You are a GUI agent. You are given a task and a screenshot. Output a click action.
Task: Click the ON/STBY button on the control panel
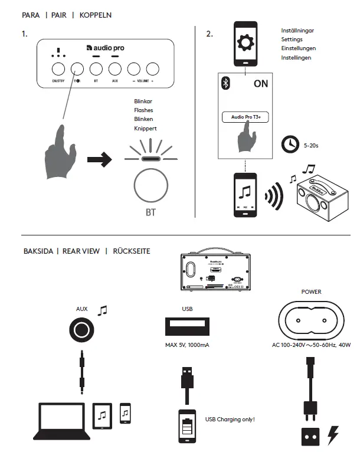click(x=57, y=68)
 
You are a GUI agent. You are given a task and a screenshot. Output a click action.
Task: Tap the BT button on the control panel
click(x=96, y=68)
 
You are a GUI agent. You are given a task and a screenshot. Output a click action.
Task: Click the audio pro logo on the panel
click(x=105, y=48)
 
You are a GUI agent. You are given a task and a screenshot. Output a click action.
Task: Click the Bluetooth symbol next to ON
click(x=225, y=84)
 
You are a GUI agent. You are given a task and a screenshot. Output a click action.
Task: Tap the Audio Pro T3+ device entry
click(x=246, y=117)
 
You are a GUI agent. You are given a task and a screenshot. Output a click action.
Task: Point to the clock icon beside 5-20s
click(x=289, y=143)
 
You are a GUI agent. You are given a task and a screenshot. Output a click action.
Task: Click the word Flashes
click(x=143, y=110)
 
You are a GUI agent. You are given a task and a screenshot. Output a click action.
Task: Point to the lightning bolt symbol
click(x=333, y=435)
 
